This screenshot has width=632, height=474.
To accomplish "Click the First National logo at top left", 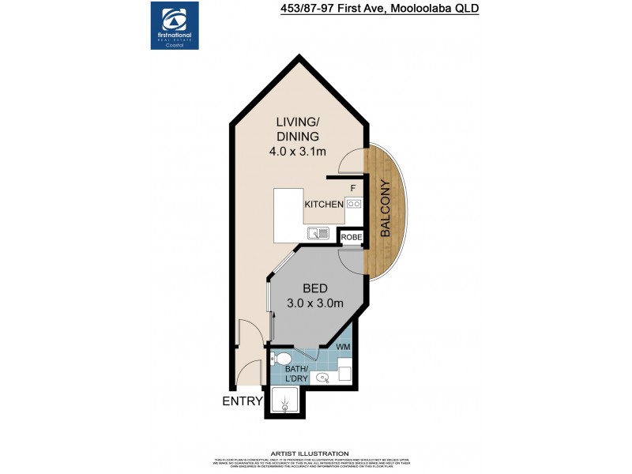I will coord(175,25).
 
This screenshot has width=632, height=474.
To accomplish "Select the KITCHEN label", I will coord(323,204).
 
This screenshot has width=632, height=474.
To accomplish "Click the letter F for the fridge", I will coord(352,187).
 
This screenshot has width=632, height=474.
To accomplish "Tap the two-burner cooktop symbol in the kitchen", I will coord(353,204).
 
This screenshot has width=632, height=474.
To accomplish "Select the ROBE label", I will coord(351,235).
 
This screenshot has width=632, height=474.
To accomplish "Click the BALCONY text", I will coord(386,209).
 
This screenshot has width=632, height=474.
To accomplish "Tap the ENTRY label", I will coord(242,401).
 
